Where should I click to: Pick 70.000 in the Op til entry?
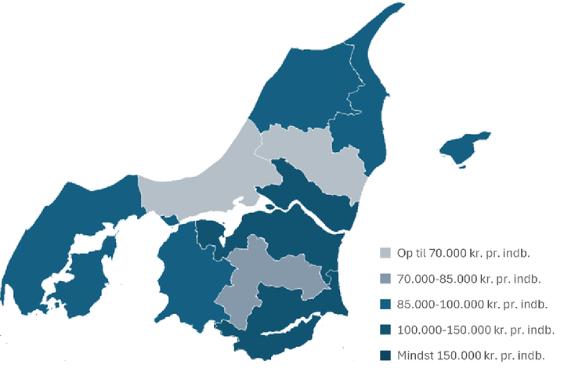pyautogui.click(x=444, y=253)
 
